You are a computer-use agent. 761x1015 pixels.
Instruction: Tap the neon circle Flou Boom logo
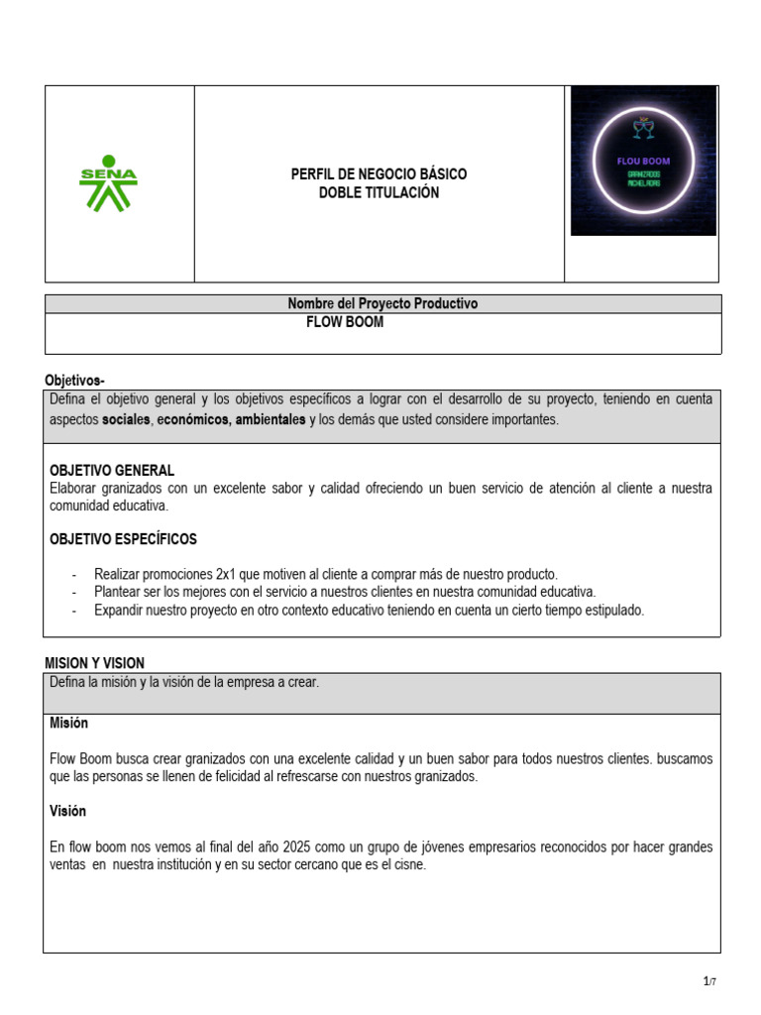[x=643, y=161]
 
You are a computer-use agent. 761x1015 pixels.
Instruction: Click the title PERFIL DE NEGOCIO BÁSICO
[x=379, y=174]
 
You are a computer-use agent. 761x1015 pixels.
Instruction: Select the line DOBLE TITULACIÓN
[x=379, y=192]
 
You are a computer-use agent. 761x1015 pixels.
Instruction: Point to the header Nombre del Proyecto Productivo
[x=382, y=304]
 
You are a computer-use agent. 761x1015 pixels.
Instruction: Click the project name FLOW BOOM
[x=345, y=322]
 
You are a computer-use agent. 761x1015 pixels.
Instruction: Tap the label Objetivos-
[x=74, y=381]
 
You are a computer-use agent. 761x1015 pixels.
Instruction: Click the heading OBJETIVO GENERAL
[x=112, y=470]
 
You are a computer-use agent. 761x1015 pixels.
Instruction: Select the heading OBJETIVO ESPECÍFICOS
[x=123, y=539]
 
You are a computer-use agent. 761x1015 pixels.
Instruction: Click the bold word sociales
[x=127, y=419]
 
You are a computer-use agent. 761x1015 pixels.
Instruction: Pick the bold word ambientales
[x=270, y=419]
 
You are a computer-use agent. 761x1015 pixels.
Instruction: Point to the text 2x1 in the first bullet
[x=229, y=574]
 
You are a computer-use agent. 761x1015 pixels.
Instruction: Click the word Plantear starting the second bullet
[x=119, y=592]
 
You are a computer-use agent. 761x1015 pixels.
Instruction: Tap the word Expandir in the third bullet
[x=119, y=610]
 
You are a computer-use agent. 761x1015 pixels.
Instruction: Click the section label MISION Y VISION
[x=95, y=663]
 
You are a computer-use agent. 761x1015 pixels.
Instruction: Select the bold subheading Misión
[x=68, y=724]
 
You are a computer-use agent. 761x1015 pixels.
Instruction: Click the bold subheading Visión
[x=67, y=811]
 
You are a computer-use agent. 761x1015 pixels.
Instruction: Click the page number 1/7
[x=708, y=981]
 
